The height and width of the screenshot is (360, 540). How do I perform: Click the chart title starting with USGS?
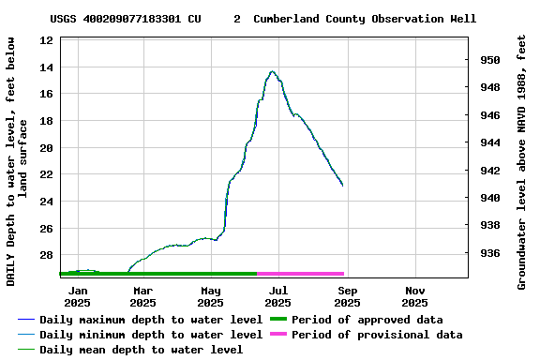point(262,19)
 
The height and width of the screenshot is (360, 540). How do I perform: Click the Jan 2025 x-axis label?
point(77,296)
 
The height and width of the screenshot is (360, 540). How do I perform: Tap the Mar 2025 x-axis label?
point(142,296)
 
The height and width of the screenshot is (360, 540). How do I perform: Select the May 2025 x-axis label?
point(210,296)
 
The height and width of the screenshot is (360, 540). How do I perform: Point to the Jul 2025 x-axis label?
point(277,296)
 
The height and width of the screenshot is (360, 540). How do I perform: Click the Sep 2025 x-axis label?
point(347,296)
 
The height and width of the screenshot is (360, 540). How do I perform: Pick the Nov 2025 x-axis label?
point(414,296)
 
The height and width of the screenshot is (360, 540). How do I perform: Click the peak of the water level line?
point(272,71)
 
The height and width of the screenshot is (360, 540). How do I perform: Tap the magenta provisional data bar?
point(300,274)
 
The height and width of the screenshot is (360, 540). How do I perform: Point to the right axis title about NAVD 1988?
point(522,162)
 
